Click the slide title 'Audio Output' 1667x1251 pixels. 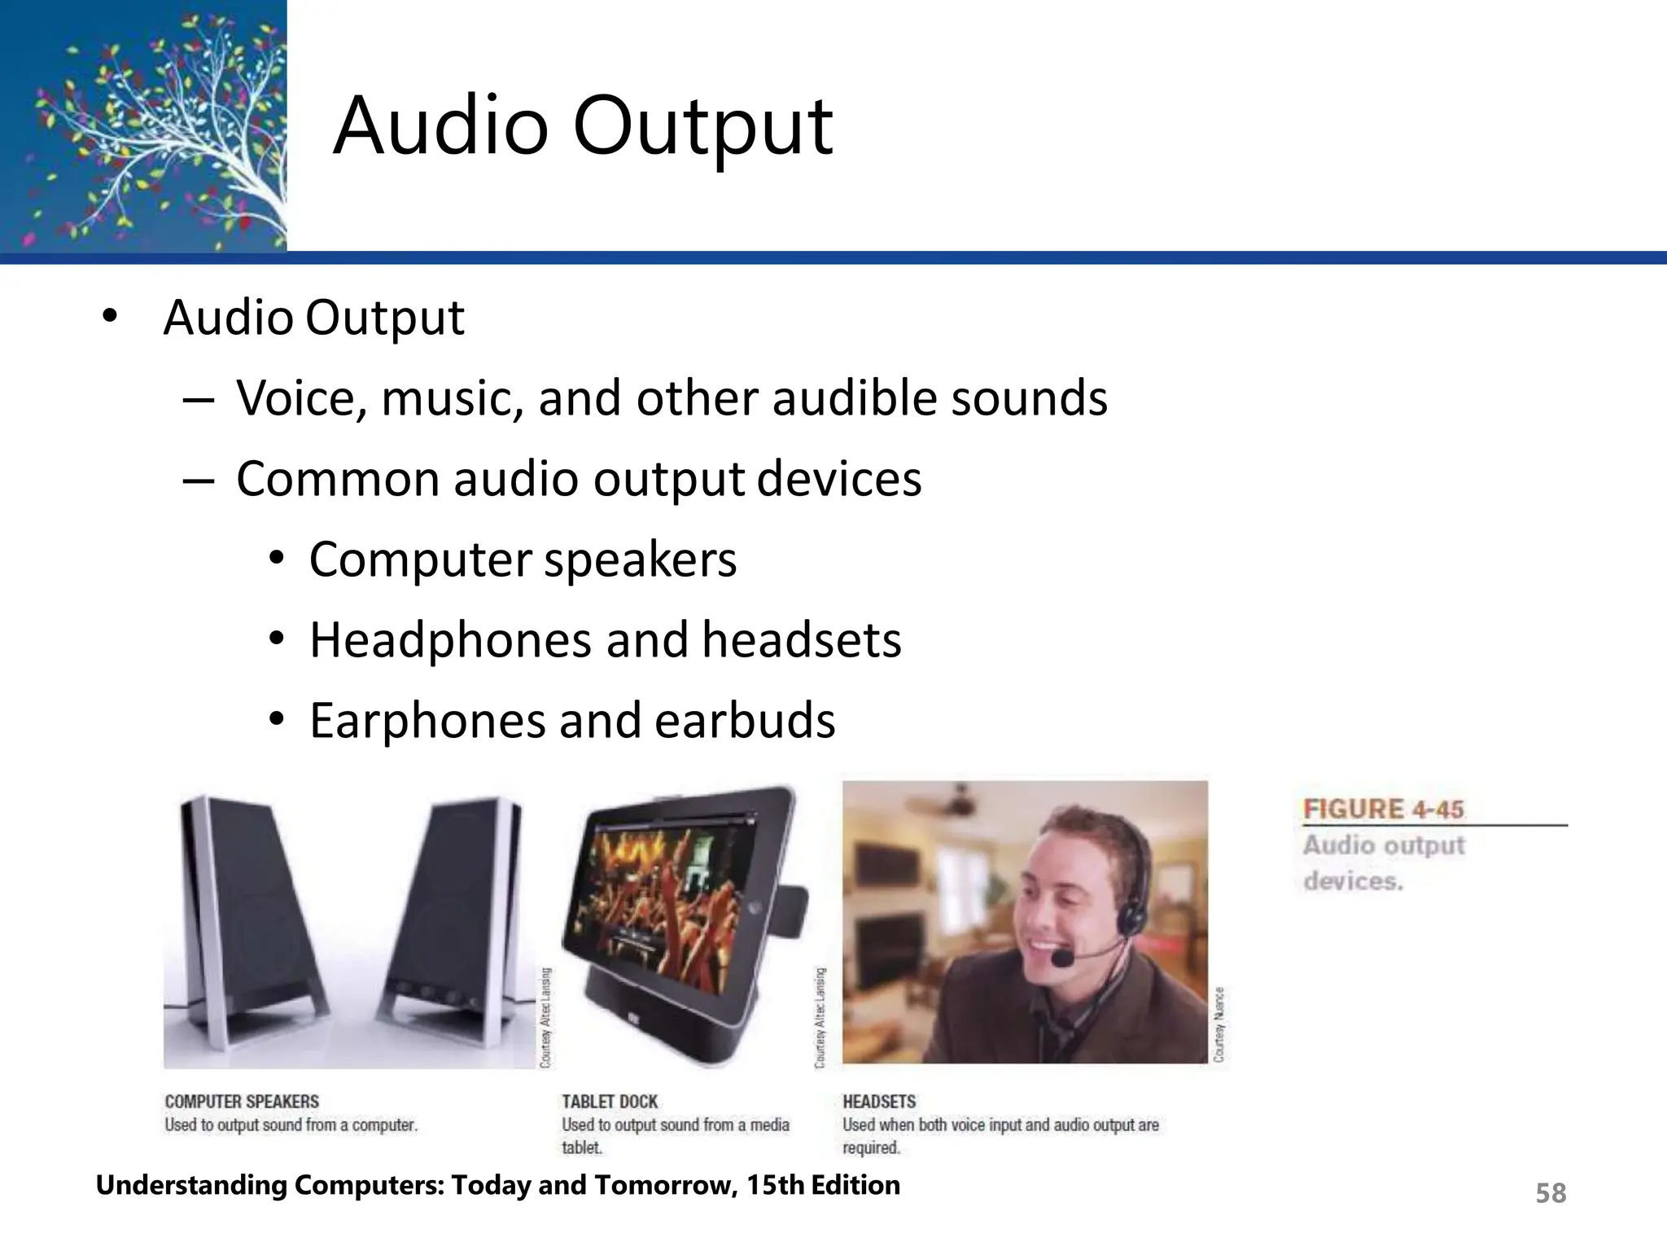tap(583, 128)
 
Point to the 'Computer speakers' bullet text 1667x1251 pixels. tap(523, 560)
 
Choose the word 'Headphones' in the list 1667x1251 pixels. tap(450, 640)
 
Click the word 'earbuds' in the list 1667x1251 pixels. tap(744, 721)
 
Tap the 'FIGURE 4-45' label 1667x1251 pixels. tap(1383, 810)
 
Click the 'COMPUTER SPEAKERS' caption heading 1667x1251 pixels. tap(242, 1102)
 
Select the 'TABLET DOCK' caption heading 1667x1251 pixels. tap(610, 1102)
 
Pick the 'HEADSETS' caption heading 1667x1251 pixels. tap(879, 1102)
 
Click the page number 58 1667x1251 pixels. tap(1551, 1193)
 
